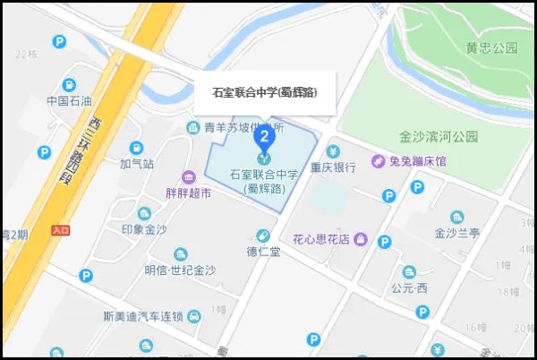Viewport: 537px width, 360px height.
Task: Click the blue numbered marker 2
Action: pos(264,137)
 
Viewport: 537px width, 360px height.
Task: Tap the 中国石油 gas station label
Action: pos(70,100)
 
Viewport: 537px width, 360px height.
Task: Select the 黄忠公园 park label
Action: pos(491,47)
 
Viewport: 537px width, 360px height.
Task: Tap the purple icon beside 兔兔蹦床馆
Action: pos(379,161)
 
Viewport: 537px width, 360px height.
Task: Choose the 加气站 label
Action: pos(137,164)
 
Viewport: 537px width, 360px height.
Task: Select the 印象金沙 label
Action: pos(144,229)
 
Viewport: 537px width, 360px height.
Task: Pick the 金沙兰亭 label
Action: pos(457,233)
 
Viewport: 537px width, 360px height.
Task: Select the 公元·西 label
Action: pos(410,287)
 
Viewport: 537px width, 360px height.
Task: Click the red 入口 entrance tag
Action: pos(61,230)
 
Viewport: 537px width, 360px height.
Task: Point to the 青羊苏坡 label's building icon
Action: pos(192,128)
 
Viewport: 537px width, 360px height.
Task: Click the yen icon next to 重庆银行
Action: pos(334,150)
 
